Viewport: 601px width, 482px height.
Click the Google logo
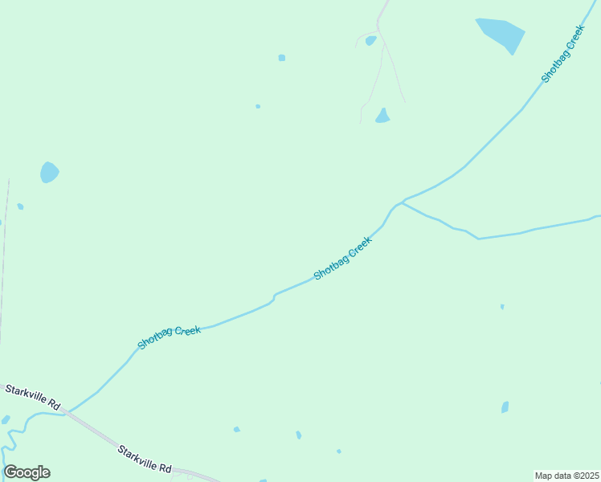pyautogui.click(x=27, y=472)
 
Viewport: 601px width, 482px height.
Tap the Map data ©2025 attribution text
pyautogui.click(x=566, y=475)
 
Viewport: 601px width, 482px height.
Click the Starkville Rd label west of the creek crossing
pyautogui.click(x=33, y=395)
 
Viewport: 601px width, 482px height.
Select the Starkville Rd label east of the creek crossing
pyautogui.click(x=145, y=458)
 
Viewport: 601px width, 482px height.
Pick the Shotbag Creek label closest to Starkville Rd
pyautogui.click(x=169, y=337)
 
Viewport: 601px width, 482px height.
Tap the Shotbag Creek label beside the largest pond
pyautogui.click(x=562, y=54)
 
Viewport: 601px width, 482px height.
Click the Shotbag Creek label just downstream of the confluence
pyautogui.click(x=343, y=259)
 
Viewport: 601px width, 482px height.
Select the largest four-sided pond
pyautogui.click(x=501, y=34)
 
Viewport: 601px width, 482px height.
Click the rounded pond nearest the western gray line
pyautogui.click(x=49, y=172)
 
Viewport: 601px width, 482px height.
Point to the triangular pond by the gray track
pyautogui.click(x=382, y=116)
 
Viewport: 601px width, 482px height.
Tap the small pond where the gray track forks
pyautogui.click(x=370, y=40)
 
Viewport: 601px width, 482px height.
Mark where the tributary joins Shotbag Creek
pyautogui.click(x=402, y=202)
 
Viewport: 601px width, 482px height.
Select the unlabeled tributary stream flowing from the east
pyautogui.click(x=514, y=233)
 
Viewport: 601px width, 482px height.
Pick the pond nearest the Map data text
pyautogui.click(x=505, y=407)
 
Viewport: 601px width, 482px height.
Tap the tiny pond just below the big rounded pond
pyautogui.click(x=20, y=206)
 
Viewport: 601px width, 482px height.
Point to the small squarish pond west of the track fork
pyautogui.click(x=282, y=58)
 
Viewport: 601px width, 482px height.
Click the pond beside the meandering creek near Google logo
pyautogui.click(x=6, y=419)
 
